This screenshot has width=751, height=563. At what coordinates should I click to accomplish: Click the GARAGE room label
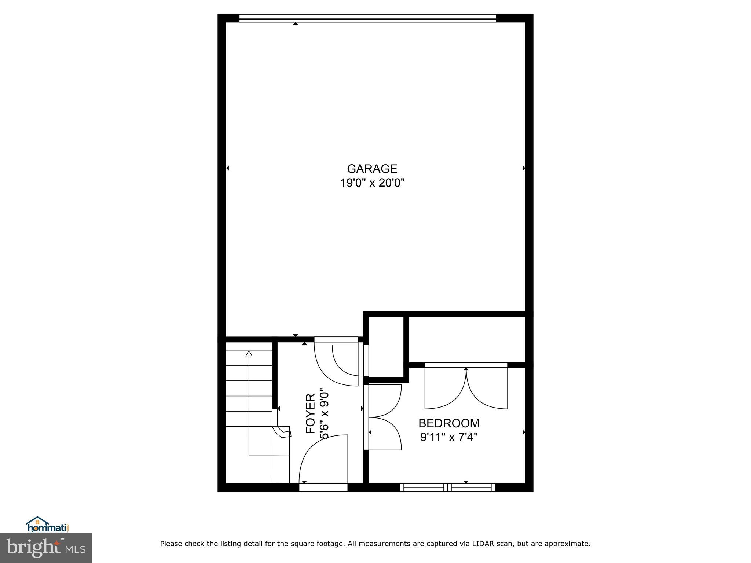tap(372, 169)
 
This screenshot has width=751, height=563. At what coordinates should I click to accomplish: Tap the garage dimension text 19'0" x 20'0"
tap(372, 183)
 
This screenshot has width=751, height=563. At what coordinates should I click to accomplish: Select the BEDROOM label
tap(449, 423)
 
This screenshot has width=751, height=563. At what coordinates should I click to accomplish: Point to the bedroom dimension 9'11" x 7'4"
tap(449, 437)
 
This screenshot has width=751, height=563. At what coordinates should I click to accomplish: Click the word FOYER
tap(311, 413)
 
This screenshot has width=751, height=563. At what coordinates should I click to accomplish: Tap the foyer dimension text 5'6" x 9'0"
tap(324, 413)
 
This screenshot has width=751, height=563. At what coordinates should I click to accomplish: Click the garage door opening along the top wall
tap(367, 18)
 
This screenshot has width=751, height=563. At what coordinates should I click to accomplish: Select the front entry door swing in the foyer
tap(323, 460)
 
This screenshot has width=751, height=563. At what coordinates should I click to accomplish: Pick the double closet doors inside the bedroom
tap(466, 389)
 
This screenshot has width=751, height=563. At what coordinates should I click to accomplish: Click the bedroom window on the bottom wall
tap(447, 487)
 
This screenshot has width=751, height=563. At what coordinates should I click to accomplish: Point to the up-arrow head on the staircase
tap(249, 353)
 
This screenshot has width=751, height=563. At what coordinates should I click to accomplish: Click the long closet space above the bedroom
tap(466, 339)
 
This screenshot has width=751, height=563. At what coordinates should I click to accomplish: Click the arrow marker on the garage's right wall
tap(524, 168)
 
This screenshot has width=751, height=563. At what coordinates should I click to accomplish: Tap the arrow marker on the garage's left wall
tap(228, 168)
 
